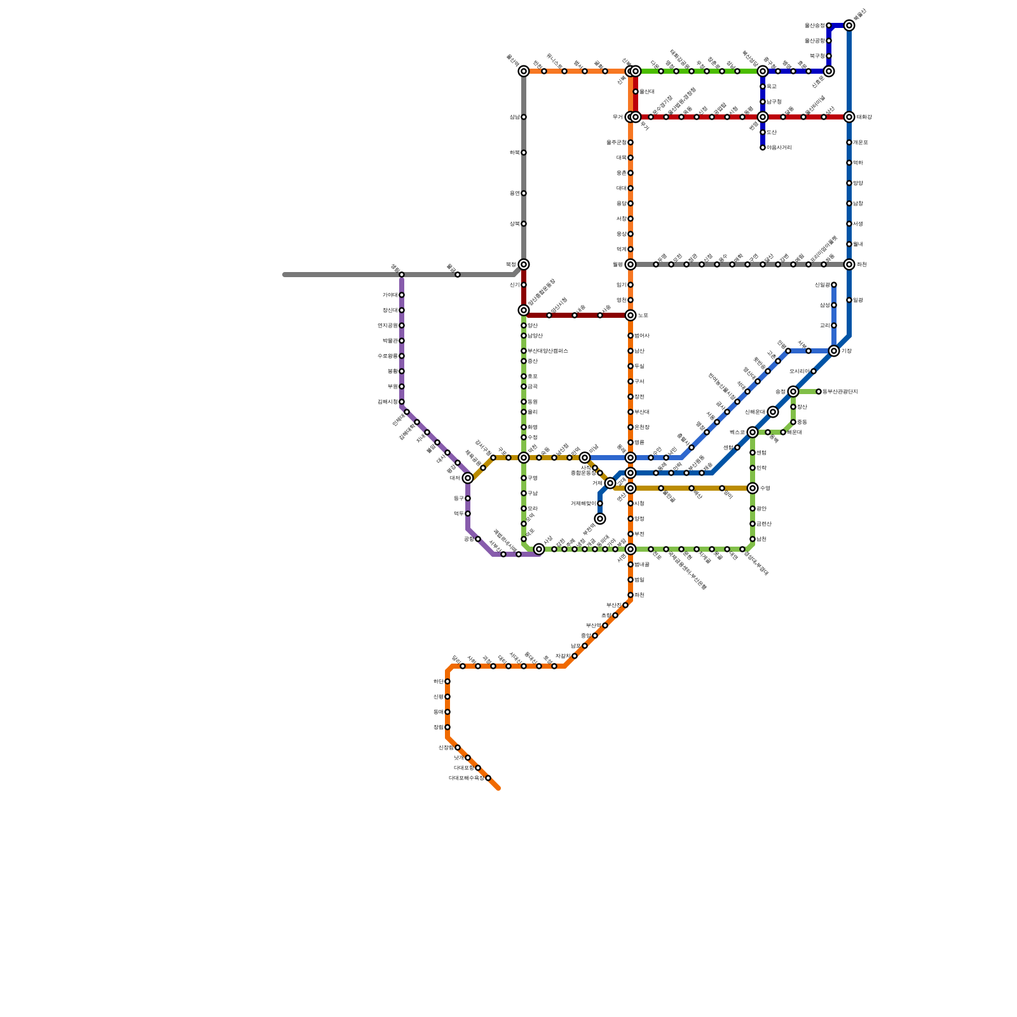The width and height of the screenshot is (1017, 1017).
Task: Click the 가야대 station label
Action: click(390, 295)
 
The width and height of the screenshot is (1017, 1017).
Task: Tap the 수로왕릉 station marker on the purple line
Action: click(402, 356)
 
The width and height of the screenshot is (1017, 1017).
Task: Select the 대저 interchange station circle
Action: click(468, 478)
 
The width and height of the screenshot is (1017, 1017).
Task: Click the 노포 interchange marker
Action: click(631, 315)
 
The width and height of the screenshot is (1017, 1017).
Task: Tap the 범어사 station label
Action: click(641, 336)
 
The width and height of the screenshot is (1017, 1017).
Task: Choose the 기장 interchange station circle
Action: click(834, 351)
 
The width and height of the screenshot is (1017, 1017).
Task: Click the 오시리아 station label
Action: click(799, 371)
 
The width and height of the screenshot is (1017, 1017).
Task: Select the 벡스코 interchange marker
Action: click(753, 432)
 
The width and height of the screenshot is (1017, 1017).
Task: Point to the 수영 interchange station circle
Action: click(753, 488)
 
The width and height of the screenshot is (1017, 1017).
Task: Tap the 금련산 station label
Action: click(763, 524)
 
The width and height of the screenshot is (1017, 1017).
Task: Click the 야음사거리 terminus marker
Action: click(763, 147)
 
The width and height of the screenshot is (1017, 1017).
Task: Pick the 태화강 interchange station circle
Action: click(849, 117)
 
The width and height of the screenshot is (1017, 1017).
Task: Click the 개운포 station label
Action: click(860, 142)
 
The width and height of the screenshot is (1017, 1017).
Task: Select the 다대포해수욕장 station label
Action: click(466, 778)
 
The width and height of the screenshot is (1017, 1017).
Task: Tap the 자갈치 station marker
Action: click(575, 656)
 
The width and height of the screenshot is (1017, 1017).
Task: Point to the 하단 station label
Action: click(438, 681)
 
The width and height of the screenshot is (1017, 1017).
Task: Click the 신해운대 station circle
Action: click(773, 412)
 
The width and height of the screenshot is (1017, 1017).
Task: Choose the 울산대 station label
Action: click(646, 92)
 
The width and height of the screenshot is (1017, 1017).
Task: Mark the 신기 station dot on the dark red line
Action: click(524, 285)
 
